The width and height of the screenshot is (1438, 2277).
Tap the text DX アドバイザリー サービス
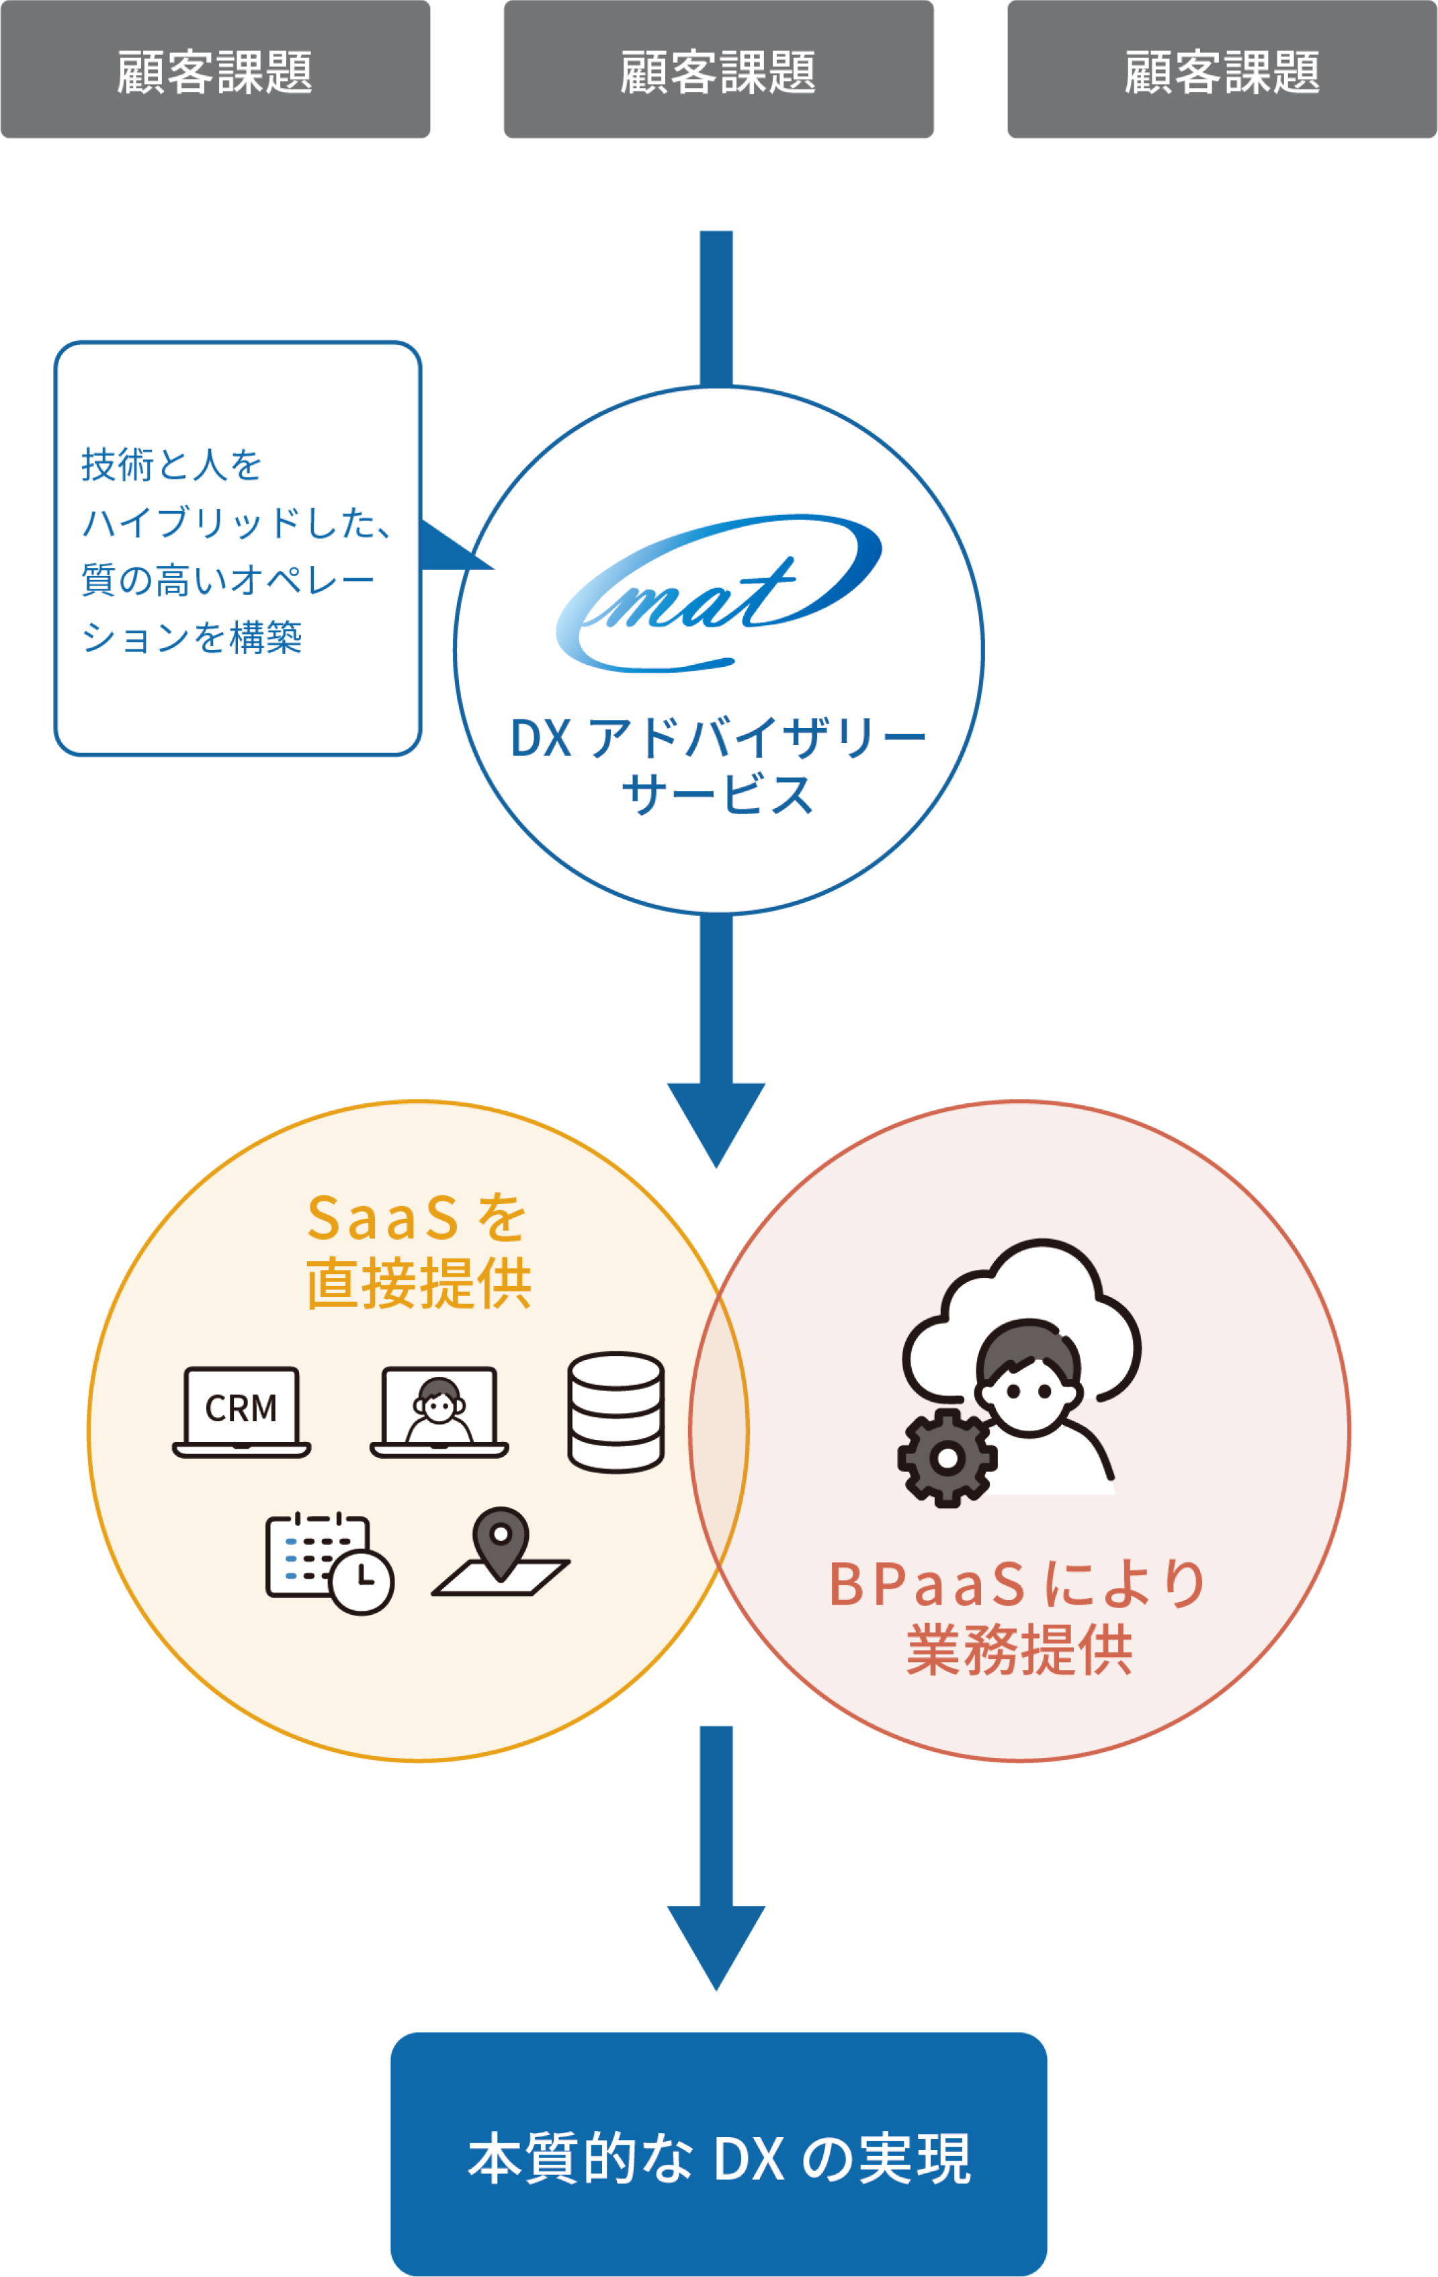(718, 766)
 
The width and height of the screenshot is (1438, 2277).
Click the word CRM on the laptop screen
(241, 1408)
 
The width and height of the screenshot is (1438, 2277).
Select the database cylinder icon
(616, 1412)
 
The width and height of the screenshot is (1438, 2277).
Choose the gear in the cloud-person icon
(946, 1457)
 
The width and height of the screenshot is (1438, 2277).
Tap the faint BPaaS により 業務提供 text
(1017, 1616)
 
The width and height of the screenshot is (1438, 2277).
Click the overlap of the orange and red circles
(718, 1430)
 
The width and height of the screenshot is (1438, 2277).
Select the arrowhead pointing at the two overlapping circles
(716, 1121)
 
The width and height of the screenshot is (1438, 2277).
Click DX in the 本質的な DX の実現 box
(748, 2159)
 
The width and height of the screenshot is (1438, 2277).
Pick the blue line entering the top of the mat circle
(716, 307)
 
